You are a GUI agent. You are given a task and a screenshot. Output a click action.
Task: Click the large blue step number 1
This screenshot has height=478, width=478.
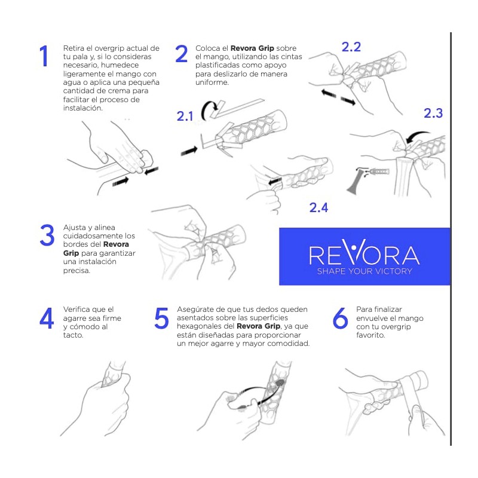(44, 56)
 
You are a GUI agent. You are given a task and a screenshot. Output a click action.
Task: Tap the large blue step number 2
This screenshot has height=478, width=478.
(182, 54)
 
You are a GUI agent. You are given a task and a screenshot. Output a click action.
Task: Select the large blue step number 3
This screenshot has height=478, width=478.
(47, 235)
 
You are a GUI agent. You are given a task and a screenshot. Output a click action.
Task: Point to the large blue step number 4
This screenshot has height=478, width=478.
(47, 318)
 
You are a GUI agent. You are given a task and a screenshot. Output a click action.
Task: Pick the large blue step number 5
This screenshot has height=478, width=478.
(161, 318)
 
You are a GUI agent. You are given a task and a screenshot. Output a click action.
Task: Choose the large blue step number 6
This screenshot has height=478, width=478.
(340, 318)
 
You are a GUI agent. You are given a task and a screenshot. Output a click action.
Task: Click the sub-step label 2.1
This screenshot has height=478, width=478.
(185, 117)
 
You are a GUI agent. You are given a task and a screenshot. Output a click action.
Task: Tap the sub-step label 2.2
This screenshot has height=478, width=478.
(351, 47)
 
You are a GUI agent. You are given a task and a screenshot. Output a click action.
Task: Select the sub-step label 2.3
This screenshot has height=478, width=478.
(433, 113)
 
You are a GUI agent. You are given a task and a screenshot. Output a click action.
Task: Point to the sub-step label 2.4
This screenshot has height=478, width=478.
(318, 207)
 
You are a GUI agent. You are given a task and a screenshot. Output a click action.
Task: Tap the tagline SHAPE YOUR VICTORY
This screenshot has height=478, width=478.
(364, 271)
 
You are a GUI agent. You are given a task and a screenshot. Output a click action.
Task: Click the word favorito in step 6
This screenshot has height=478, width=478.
(370, 335)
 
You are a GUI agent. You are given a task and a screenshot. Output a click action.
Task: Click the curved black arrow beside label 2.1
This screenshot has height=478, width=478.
(208, 110)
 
